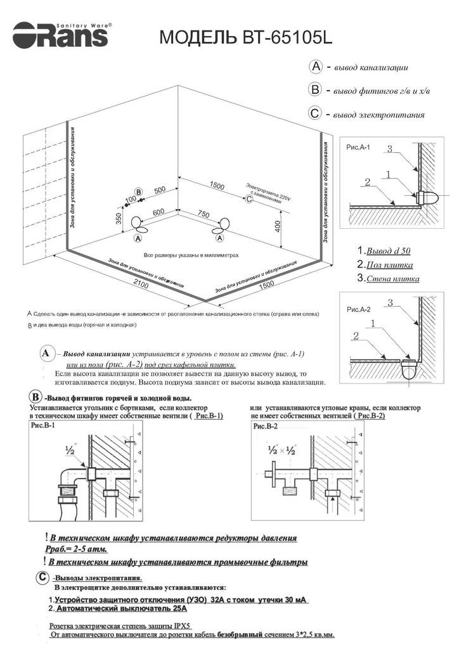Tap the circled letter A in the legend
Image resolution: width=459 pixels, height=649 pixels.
tap(315, 67)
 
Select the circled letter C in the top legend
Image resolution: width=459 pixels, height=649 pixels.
tap(315, 114)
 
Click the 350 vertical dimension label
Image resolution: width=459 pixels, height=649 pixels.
tap(119, 218)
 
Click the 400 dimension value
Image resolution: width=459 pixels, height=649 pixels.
tap(278, 226)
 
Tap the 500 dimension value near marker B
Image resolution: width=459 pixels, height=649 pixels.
tap(159, 190)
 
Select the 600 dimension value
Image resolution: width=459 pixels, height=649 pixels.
tap(158, 211)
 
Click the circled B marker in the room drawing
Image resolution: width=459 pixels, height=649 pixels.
tap(138, 191)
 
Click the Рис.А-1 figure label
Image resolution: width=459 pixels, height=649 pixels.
tap(359, 147)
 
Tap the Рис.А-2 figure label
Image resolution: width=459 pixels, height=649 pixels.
tap(359, 311)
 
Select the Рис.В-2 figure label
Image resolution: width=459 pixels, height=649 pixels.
tap(266, 427)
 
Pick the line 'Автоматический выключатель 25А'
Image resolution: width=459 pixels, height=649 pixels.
tap(121, 608)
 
